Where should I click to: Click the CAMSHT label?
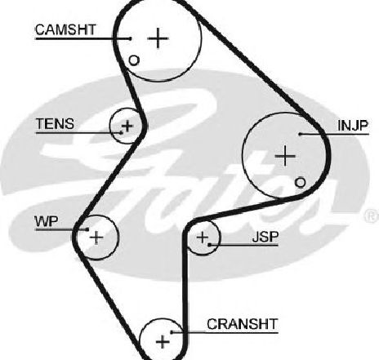pyautogui.click(x=65, y=29)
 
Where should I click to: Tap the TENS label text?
pyautogui.click(x=55, y=124)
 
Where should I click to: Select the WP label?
pyautogui.click(x=47, y=221)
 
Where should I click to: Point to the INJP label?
pyautogui.click(x=353, y=126)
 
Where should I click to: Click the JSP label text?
pyautogui.click(x=265, y=237)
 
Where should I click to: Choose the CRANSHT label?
pyautogui.click(x=243, y=324)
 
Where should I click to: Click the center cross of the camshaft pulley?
pyautogui.click(x=158, y=38)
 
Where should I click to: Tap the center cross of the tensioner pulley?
pyautogui.click(x=127, y=126)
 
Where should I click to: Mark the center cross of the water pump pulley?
pyautogui.click(x=96, y=238)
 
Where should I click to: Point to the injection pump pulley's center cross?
pyautogui.click(x=285, y=156)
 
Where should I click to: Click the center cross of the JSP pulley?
pyautogui.click(x=203, y=238)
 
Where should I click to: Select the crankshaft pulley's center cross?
pyautogui.click(x=163, y=341)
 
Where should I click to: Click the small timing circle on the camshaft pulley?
pyautogui.click(x=134, y=60)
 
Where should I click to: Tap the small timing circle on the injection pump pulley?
pyautogui.click(x=300, y=183)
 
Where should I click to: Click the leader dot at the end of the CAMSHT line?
pyautogui.click(x=131, y=38)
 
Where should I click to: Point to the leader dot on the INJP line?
pyautogui.click(x=300, y=134)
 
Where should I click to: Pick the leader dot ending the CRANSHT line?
pyautogui.click(x=172, y=332)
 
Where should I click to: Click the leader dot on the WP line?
pyautogui.click(x=87, y=229)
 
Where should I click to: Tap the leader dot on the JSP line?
pyautogui.click(x=209, y=245)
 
